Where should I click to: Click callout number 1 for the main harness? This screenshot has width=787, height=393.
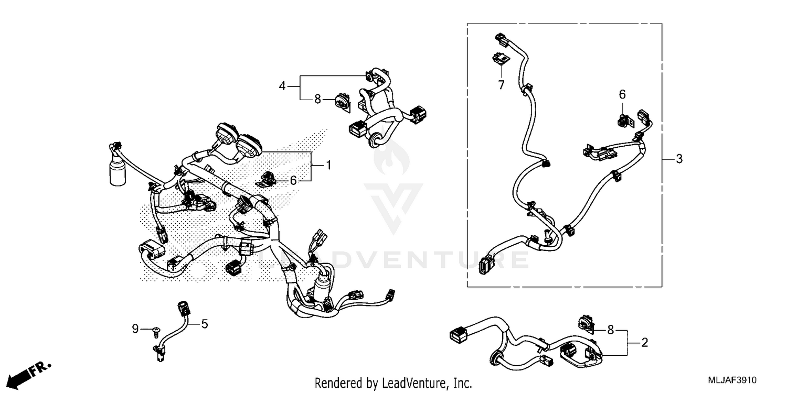pos(328,166)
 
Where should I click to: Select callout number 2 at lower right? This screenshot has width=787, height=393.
pos(645,343)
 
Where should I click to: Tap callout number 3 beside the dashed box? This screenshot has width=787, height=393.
pos(679,159)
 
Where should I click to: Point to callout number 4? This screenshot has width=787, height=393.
pos(282,85)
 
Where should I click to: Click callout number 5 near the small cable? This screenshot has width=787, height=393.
pos(205,324)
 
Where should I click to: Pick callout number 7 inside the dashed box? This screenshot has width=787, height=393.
pos(501,84)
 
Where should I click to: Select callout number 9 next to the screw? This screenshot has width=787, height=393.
pos(135,330)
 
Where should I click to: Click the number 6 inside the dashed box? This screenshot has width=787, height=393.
pos(622,94)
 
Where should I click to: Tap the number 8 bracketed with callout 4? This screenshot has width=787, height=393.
pos(317,99)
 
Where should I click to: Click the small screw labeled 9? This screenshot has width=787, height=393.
pos(156,330)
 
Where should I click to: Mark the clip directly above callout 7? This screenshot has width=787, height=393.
pos(501,60)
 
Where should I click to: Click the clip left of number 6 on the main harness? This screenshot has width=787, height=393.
pos(269,178)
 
